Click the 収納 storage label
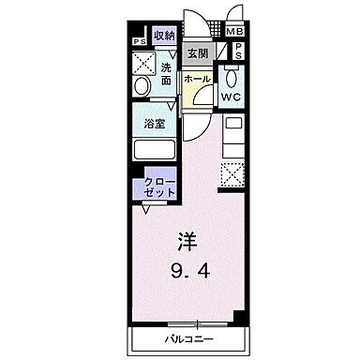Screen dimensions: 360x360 point(164,36)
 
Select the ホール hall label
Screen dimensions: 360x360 point(196,80)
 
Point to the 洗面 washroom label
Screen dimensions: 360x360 point(165,74)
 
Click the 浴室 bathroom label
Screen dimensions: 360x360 point(155,123)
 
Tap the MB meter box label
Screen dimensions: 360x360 point(233,32)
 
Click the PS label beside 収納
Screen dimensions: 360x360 point(140,40)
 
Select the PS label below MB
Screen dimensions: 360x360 point(237,52)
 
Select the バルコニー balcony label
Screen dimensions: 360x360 point(191,336)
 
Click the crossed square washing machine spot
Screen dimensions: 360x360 point(143,63)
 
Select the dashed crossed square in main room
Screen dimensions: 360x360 point(231,175)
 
